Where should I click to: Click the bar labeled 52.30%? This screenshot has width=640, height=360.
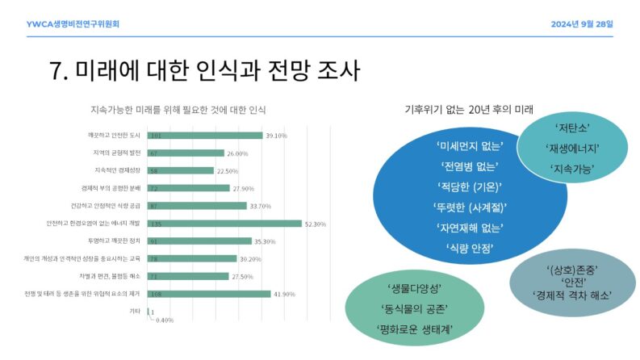224,224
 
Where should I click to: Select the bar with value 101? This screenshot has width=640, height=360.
205,136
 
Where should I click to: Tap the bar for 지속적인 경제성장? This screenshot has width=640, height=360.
180,170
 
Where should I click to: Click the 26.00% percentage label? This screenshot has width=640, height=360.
237,153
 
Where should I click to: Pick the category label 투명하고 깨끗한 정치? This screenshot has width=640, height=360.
115,241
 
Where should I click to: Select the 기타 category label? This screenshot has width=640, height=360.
136,312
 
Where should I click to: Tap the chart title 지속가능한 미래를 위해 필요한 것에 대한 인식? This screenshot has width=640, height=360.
178,110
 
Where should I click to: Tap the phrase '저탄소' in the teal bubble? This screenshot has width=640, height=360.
571,128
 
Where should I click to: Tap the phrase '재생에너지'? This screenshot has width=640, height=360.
571,149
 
